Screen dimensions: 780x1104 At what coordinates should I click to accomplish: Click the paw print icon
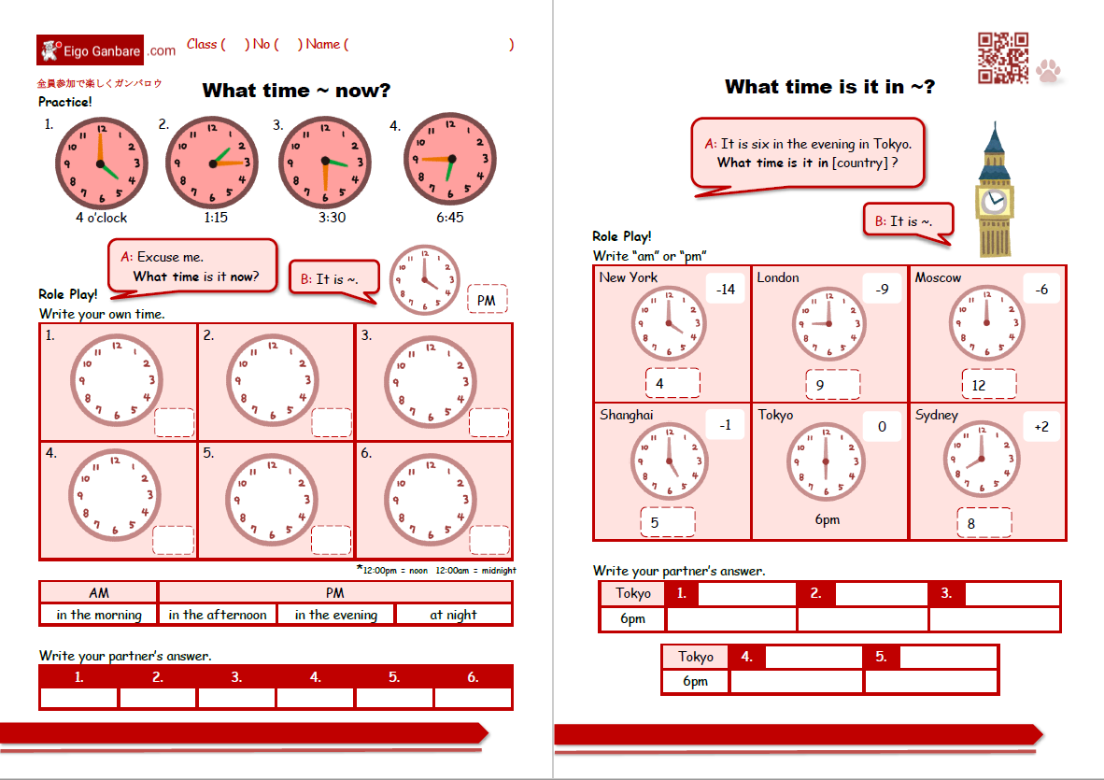pyautogui.click(x=1052, y=71)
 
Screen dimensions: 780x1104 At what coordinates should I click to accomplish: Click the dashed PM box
pyautogui.click(x=487, y=300)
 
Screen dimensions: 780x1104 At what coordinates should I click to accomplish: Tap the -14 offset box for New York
pyautogui.click(x=725, y=290)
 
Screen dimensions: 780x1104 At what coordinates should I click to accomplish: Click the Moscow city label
pyautogui.click(x=938, y=277)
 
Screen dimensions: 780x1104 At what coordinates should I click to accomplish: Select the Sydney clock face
pyautogui.click(x=981, y=460)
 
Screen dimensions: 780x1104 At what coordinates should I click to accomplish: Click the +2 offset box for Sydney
pyautogui.click(x=1041, y=427)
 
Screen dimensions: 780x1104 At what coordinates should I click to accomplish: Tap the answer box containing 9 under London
pyautogui.click(x=832, y=384)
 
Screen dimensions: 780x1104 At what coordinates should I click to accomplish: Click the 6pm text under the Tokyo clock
pyautogui.click(x=827, y=520)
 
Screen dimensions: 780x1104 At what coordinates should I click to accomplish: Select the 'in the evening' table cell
pyautogui.click(x=335, y=615)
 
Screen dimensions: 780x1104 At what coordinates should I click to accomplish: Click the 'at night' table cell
pyautogui.click(x=453, y=615)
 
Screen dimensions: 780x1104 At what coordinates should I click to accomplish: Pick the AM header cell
pyautogui.click(x=98, y=592)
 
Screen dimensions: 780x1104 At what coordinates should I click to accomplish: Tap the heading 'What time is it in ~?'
pyautogui.click(x=829, y=87)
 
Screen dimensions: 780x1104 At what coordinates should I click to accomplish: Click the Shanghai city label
pyautogui.click(x=627, y=415)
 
